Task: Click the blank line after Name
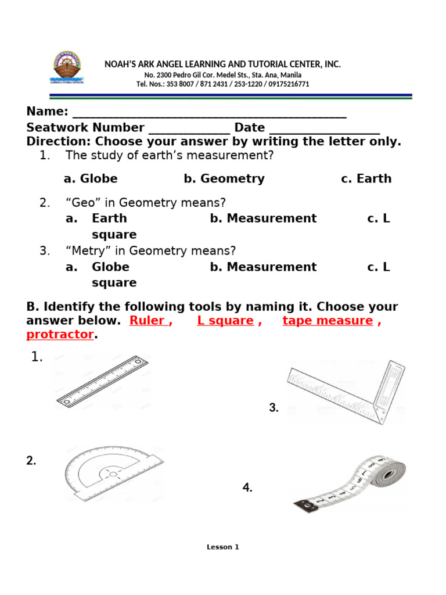[209, 114]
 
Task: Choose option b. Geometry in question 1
[224, 179]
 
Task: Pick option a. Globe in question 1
[91, 179]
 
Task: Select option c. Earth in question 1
[366, 179]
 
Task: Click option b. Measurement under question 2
[263, 218]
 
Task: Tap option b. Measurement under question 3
[263, 267]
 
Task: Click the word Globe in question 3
[110, 267]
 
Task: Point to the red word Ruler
[149, 321]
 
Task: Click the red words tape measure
[328, 321]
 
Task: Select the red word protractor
[60, 335]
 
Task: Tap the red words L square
[225, 321]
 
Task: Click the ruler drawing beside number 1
[102, 381]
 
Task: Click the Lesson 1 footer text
[223, 547]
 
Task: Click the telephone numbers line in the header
[223, 84]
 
